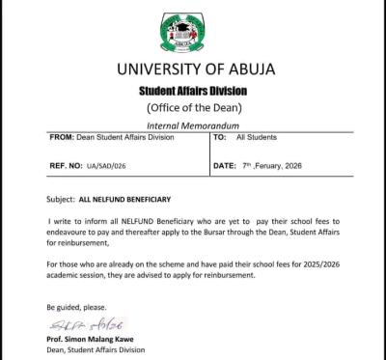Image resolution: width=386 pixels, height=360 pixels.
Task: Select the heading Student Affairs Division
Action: pyautogui.click(x=193, y=91)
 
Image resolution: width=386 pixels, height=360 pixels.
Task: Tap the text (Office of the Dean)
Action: pyautogui.click(x=193, y=107)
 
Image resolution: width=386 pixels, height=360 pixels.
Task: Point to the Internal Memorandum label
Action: pyautogui.click(x=193, y=126)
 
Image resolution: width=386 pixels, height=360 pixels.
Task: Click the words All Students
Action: pyautogui.click(x=254, y=139)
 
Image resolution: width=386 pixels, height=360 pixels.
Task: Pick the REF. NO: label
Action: pyautogui.click(x=68, y=165)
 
